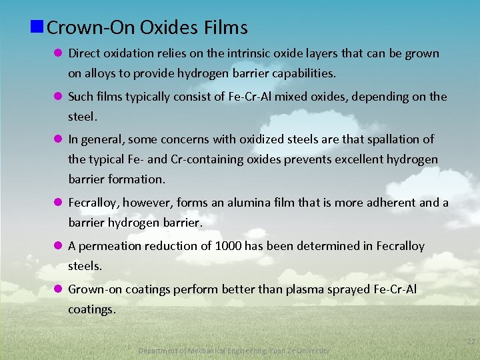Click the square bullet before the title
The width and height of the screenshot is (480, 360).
pyautogui.click(x=37, y=27)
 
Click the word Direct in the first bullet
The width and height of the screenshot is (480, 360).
pyautogui.click(x=85, y=53)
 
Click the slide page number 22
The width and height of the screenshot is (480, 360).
pyautogui.click(x=471, y=342)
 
